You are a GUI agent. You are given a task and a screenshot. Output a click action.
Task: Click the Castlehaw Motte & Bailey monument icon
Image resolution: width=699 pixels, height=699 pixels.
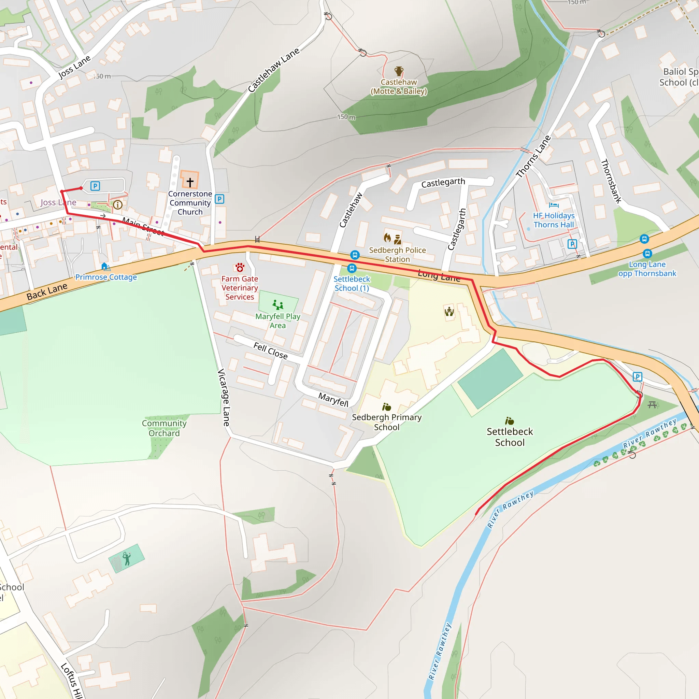(x=399, y=71)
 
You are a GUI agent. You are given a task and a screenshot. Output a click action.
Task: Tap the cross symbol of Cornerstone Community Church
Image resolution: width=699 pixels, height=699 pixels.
(x=190, y=182)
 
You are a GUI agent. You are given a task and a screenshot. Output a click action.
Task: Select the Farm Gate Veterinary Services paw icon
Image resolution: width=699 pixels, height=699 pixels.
(x=240, y=268)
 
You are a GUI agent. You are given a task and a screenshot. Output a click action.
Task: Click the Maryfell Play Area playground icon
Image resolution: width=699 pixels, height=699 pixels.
(x=278, y=305)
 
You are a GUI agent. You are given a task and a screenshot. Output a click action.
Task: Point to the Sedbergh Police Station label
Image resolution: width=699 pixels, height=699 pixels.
(x=397, y=254)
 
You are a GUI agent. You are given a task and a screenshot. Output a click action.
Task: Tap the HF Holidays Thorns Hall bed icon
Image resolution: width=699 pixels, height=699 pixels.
(x=554, y=205)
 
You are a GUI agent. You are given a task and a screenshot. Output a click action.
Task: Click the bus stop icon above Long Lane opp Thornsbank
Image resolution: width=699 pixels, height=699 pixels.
(x=644, y=239)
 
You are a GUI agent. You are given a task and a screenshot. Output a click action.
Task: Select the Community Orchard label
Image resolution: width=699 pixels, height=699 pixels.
(x=164, y=428)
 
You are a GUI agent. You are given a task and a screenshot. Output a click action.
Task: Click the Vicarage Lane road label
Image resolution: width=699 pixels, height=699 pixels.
(x=224, y=397)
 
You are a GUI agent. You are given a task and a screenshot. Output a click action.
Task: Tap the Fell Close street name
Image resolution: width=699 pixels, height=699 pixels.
(x=270, y=351)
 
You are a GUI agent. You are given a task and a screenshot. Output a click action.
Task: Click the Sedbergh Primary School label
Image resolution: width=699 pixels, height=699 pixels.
(x=386, y=422)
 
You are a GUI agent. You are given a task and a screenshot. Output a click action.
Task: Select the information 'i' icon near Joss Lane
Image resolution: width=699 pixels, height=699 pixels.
(x=118, y=205)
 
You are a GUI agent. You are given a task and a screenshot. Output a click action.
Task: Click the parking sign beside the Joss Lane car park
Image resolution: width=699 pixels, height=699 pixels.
(x=95, y=186)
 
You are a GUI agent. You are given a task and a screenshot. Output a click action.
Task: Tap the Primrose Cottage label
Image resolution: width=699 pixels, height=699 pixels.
(x=106, y=277)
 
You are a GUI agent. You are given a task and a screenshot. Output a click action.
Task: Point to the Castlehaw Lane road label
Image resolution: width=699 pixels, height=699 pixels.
(x=273, y=70)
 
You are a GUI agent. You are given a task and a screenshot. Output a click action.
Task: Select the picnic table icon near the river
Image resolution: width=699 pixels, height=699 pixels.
(x=652, y=404)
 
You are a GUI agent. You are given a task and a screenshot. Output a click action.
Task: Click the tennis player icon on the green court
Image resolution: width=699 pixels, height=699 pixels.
(x=126, y=558)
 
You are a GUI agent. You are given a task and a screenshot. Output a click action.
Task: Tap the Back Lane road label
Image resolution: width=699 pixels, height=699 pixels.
(x=47, y=291)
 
